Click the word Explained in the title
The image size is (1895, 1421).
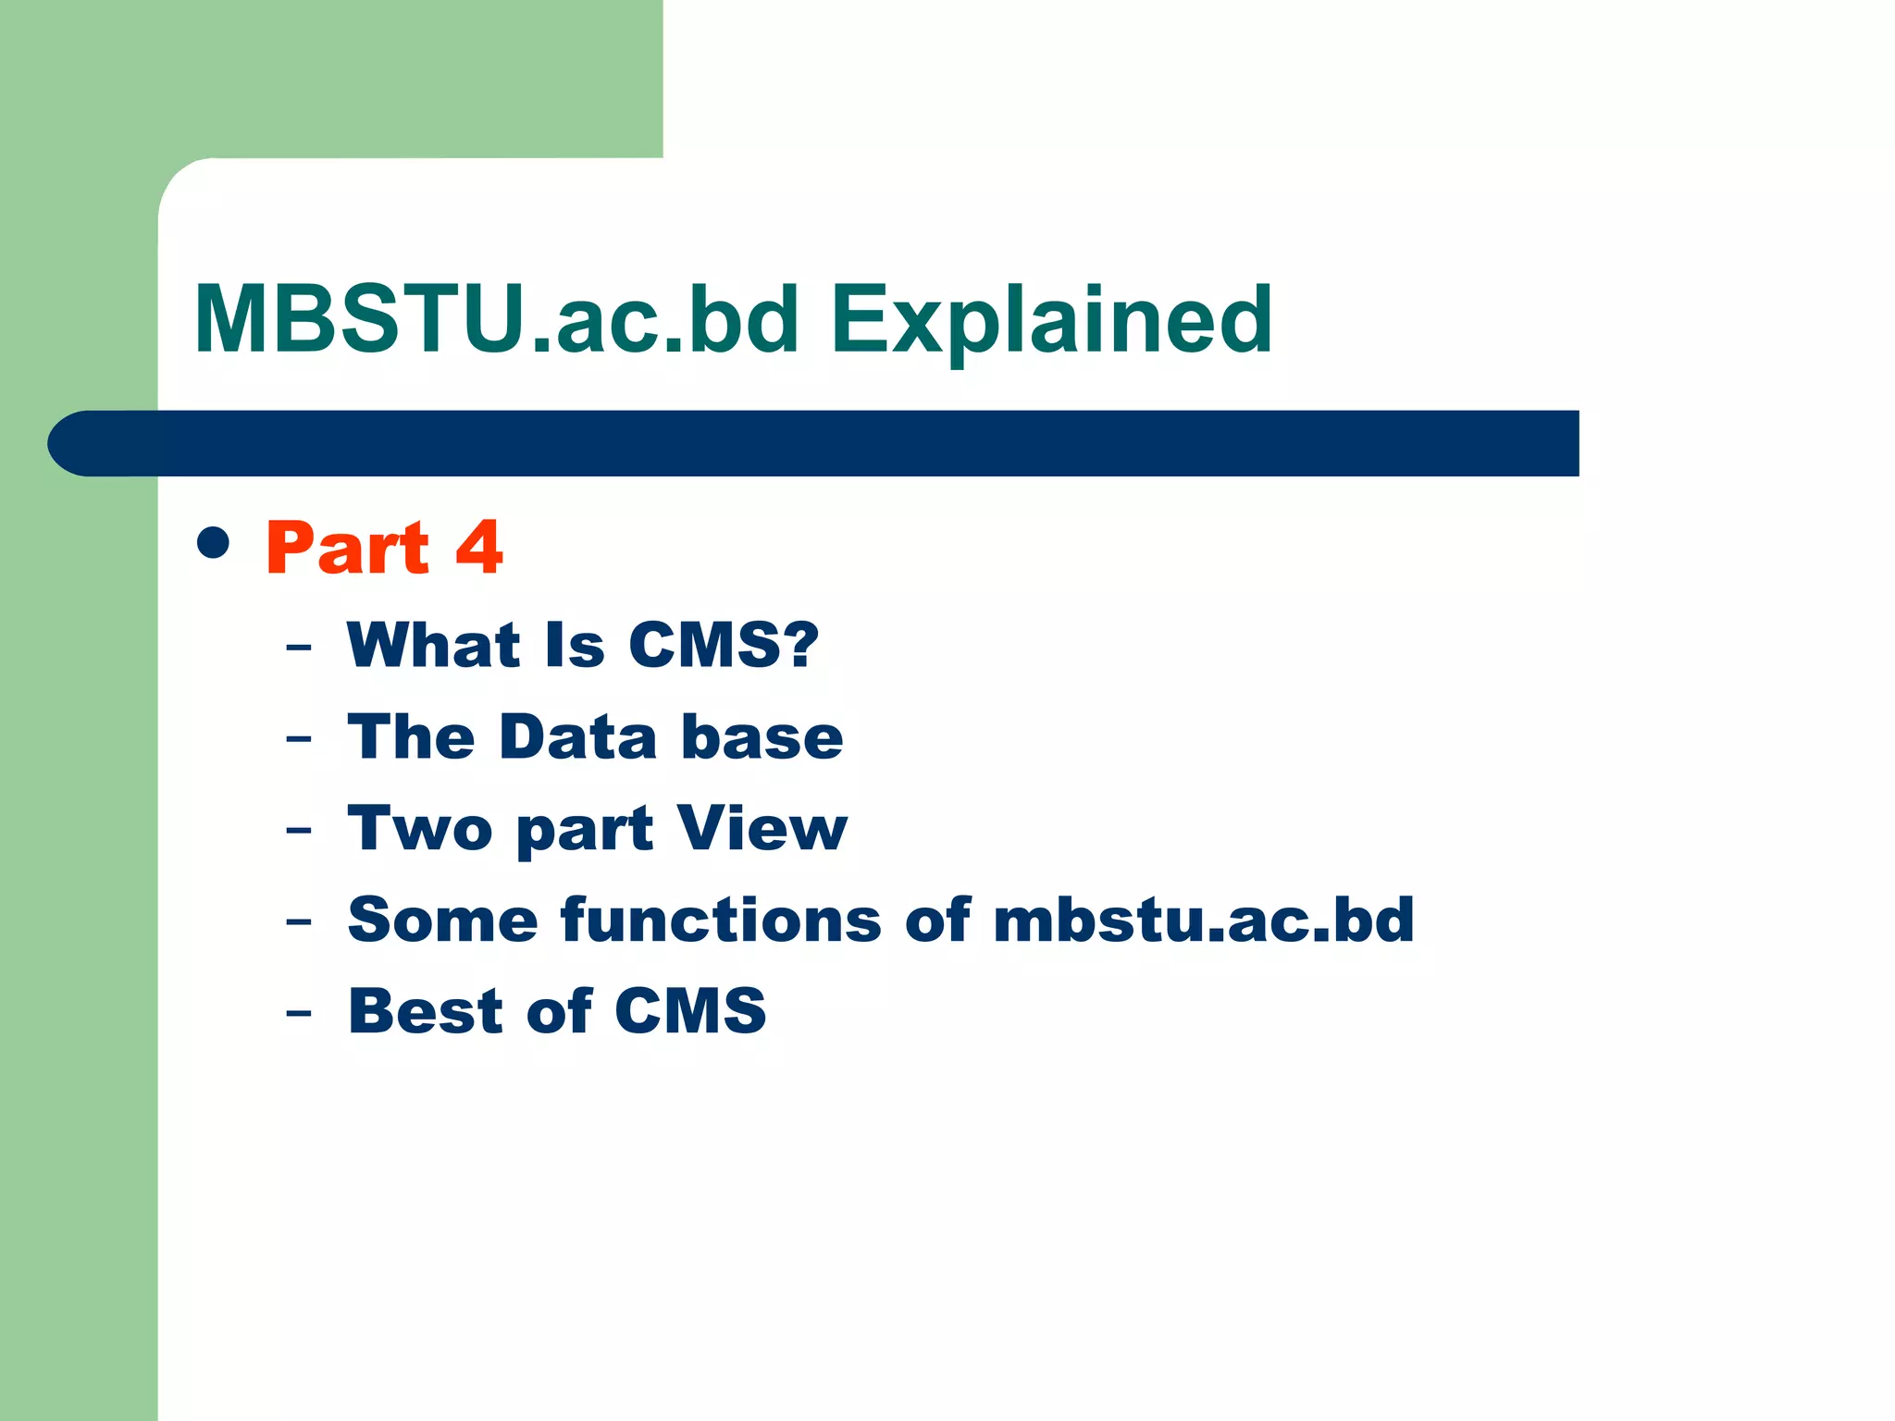pos(1051,321)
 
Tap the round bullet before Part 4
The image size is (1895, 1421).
pos(214,543)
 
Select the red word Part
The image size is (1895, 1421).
pos(348,548)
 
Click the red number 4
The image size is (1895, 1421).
pos(479,548)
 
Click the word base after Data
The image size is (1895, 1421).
pos(762,737)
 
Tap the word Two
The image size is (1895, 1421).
pos(420,828)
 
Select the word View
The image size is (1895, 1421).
pos(762,828)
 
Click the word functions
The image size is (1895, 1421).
pos(721,920)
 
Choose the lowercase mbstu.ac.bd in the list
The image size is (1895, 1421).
pos(1204,920)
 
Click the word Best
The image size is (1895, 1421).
pos(426,1010)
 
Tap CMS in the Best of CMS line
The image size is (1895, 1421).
pos(690,1010)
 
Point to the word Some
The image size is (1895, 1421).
pos(442,920)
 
